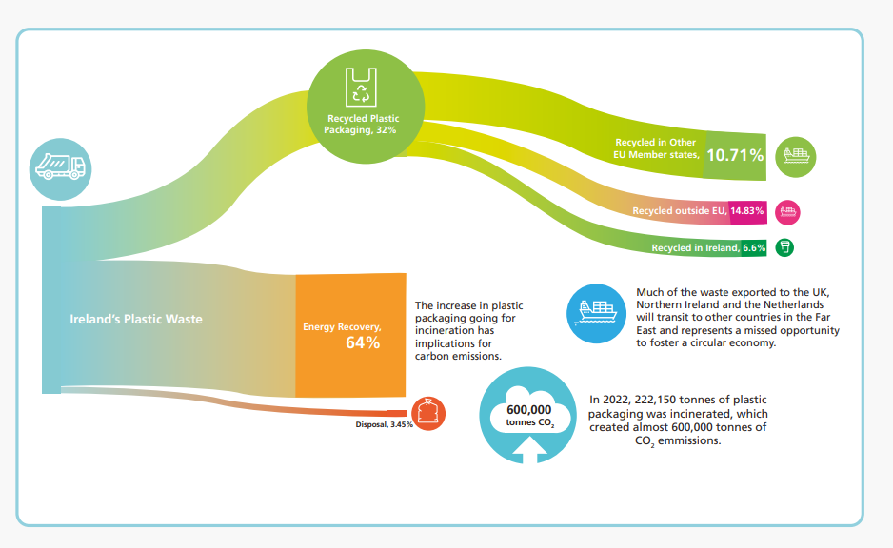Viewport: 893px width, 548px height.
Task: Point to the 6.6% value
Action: [x=755, y=247]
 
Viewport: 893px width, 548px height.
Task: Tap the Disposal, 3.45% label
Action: [x=384, y=424]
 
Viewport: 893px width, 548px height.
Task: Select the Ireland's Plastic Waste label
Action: [x=136, y=320]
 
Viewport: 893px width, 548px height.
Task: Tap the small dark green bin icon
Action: [x=784, y=247]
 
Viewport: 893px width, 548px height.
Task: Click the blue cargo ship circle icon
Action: [x=595, y=313]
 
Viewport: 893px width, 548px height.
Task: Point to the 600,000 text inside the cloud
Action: [x=529, y=409]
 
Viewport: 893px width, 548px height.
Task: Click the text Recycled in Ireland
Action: [x=694, y=248]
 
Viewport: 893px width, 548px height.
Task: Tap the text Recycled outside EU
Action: [x=680, y=210]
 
